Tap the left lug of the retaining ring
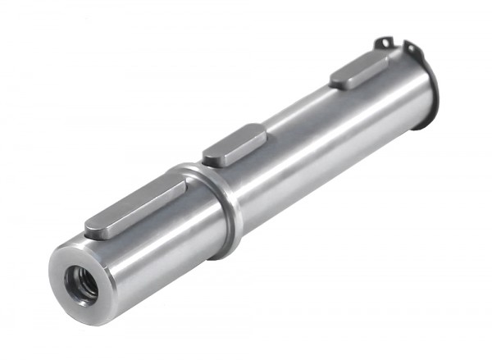pos(381,42)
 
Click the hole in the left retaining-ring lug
pos(381,43)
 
